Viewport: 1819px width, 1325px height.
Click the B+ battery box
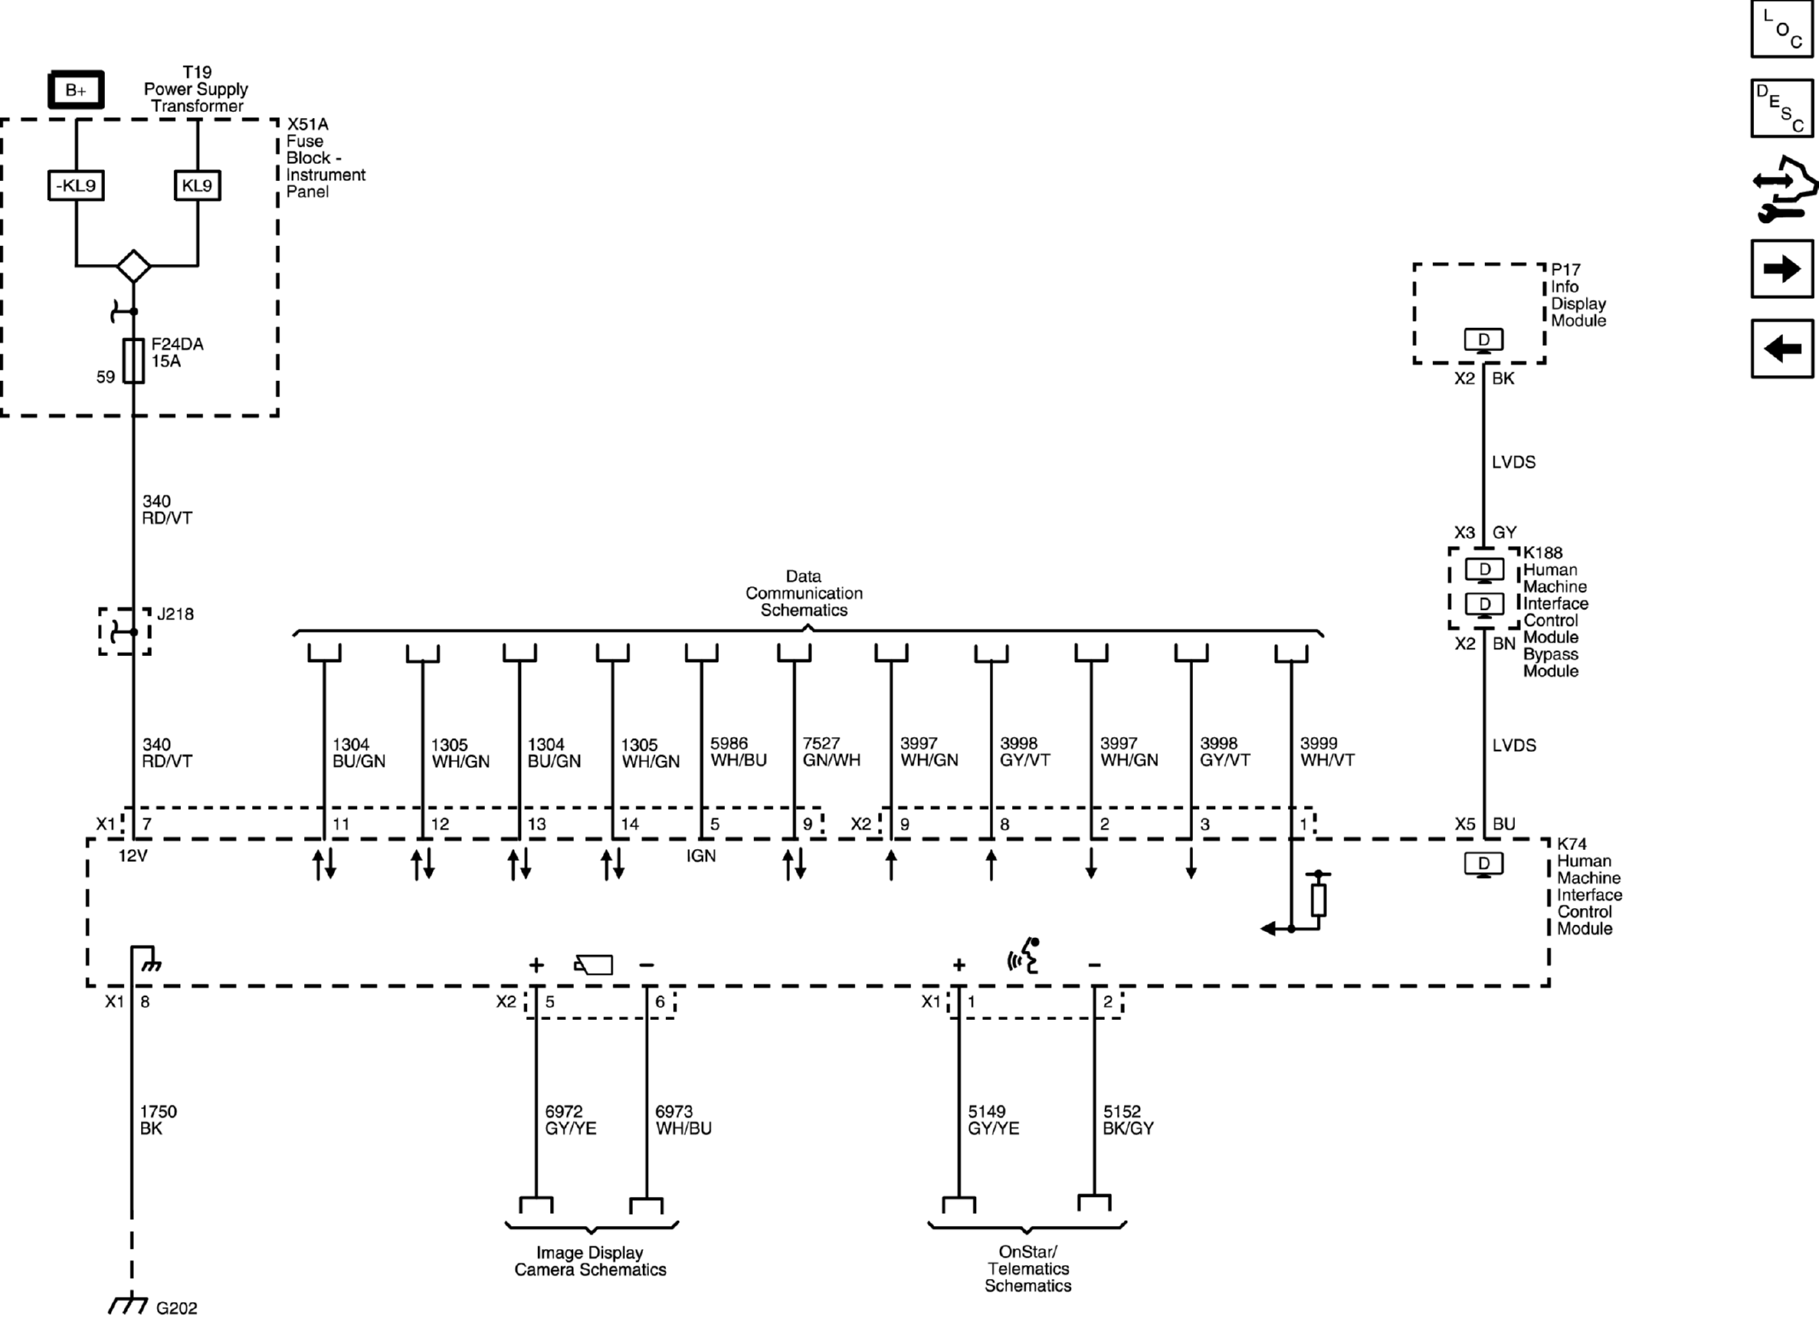click(75, 91)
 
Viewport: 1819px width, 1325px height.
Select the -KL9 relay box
click(76, 185)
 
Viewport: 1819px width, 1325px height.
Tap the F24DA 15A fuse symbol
click(134, 361)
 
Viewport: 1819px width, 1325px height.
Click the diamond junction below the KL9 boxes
click(134, 266)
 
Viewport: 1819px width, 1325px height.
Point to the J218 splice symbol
click(125, 631)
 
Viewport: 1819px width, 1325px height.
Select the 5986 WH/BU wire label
click(738, 752)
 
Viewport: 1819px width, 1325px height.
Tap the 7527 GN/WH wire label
click(831, 752)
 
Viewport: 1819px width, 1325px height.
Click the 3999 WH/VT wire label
click(1327, 752)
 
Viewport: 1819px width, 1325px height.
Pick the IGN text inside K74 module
click(701, 856)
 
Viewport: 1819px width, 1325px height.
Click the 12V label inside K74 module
click(132, 856)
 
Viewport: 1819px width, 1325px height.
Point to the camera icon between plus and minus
click(594, 964)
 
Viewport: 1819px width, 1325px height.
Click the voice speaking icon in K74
click(1025, 956)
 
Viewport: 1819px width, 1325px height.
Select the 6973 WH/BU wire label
click(683, 1120)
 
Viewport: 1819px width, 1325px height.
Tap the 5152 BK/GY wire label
click(1128, 1120)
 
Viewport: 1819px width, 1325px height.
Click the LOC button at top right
click(1781, 29)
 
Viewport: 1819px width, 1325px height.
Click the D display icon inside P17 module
click(1483, 340)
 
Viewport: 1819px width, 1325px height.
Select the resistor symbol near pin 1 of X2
click(1319, 900)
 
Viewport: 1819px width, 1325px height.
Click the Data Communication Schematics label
click(804, 593)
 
